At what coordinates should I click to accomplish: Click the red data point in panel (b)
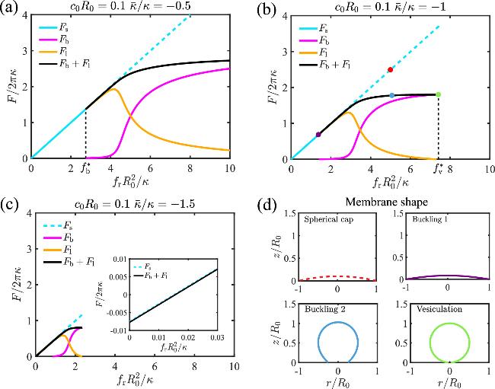(x=391, y=69)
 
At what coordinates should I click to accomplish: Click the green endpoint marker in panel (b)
(x=438, y=94)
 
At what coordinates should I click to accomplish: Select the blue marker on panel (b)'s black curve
(x=391, y=95)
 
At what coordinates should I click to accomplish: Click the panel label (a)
(x=13, y=9)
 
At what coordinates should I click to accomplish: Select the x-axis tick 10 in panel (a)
(x=229, y=167)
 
